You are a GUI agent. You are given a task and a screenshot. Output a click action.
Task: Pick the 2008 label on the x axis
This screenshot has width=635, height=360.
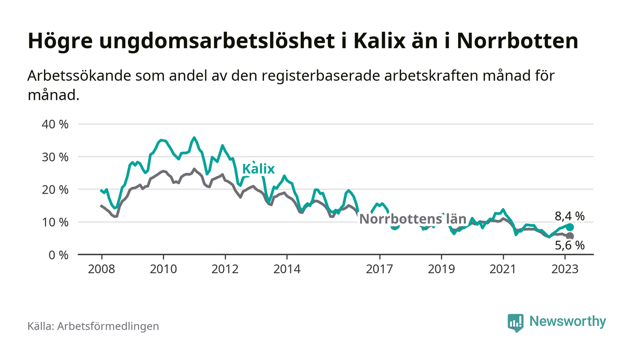(101, 269)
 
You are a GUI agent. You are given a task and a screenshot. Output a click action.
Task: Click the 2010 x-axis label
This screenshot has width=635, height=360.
(163, 269)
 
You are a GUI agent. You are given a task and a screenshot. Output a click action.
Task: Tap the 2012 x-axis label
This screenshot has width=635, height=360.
(225, 269)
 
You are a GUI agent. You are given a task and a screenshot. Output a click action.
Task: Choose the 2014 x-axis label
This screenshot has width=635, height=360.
(287, 269)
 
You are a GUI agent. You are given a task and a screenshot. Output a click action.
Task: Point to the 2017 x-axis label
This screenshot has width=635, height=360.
(379, 269)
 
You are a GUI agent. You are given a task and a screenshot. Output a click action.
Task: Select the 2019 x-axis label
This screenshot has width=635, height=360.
(441, 269)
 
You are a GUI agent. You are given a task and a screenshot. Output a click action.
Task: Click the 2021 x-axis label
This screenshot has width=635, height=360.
(503, 269)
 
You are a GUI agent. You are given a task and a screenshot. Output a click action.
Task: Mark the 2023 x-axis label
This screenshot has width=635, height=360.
(565, 269)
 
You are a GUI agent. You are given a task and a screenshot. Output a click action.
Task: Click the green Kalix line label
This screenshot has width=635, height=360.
(259, 169)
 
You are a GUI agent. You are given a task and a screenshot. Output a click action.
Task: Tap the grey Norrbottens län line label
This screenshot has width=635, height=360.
(413, 219)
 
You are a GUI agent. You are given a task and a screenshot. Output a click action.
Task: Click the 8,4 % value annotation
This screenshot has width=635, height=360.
(570, 216)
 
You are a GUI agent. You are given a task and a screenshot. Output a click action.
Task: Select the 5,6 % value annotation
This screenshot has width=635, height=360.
(570, 246)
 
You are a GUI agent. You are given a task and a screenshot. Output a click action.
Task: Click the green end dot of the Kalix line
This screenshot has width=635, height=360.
(570, 227)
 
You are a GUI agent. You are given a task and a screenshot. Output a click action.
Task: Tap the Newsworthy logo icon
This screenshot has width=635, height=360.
(515, 322)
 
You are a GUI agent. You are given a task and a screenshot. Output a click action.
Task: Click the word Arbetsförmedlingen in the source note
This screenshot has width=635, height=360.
(108, 326)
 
